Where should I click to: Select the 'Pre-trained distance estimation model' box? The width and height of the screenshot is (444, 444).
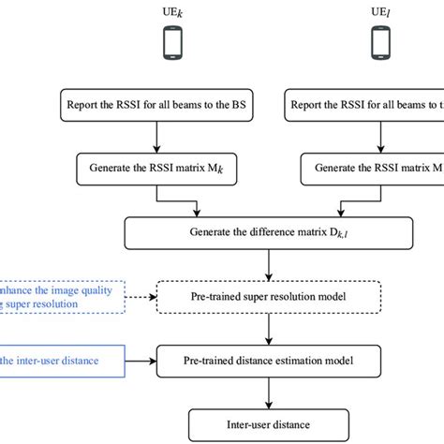271,357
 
